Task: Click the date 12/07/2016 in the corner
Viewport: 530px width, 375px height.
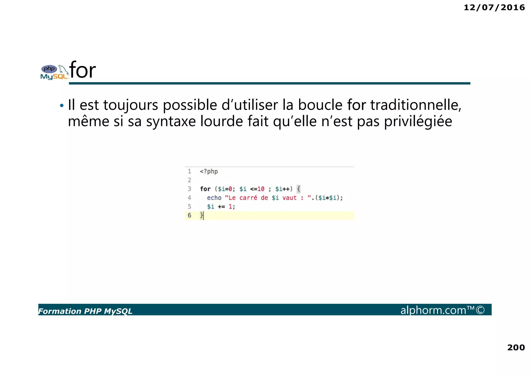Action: click(x=494, y=8)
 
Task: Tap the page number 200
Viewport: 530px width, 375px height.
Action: click(x=516, y=347)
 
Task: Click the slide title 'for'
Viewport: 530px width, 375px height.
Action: click(x=83, y=70)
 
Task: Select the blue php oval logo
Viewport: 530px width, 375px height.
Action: click(x=49, y=69)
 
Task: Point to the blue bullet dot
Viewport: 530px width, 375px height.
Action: click(x=62, y=105)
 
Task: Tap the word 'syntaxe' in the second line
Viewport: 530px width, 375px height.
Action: click(x=171, y=121)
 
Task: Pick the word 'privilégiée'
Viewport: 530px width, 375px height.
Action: click(x=418, y=121)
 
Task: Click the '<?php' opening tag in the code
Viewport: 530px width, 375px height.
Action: click(x=209, y=172)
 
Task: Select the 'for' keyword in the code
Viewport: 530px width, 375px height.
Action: click(x=205, y=189)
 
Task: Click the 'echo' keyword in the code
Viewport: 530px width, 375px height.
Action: click(x=214, y=198)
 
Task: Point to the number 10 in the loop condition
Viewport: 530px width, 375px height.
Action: click(x=261, y=189)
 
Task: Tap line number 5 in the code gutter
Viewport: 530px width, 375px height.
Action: click(x=189, y=207)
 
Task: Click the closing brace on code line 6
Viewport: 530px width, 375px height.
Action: click(x=202, y=215)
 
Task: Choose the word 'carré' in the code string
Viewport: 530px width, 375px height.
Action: click(x=248, y=198)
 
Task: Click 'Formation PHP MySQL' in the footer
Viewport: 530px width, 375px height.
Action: click(x=85, y=311)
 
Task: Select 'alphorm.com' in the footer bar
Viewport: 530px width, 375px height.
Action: click(x=433, y=310)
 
